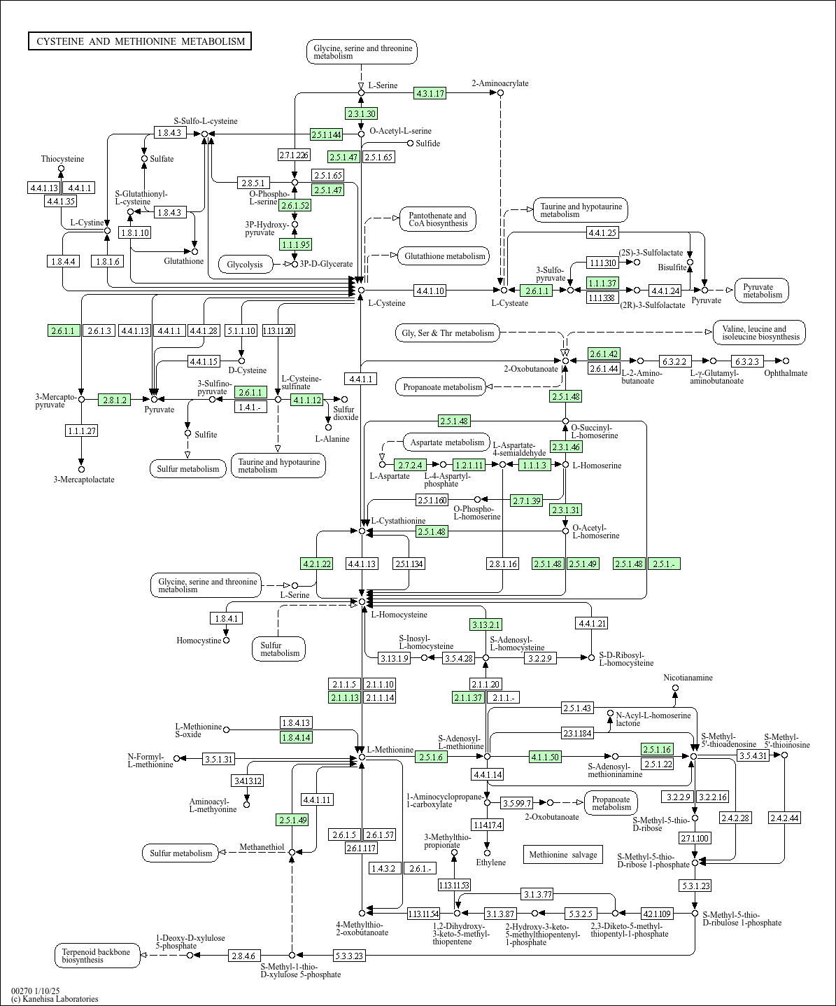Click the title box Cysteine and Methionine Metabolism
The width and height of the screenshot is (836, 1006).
click(140, 41)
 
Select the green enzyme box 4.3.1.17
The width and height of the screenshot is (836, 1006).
click(430, 93)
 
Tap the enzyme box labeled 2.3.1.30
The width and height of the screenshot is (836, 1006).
click(361, 113)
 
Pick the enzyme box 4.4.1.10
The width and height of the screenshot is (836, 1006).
click(430, 290)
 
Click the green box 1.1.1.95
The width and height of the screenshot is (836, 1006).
click(295, 244)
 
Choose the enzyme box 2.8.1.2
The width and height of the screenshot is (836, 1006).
click(115, 400)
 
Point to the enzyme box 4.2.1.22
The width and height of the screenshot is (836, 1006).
click(316, 564)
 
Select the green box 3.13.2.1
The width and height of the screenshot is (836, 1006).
click(486, 624)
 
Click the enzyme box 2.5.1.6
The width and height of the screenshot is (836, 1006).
click(431, 757)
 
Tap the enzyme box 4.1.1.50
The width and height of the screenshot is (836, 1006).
click(545, 757)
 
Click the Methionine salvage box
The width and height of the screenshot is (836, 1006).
click(562, 854)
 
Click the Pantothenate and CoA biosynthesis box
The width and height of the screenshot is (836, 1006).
click(437, 219)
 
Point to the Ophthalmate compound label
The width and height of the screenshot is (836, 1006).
click(785, 373)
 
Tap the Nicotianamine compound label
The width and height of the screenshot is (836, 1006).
click(688, 678)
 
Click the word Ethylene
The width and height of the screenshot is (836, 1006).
click(490, 862)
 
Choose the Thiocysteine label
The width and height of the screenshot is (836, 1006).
click(62, 159)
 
